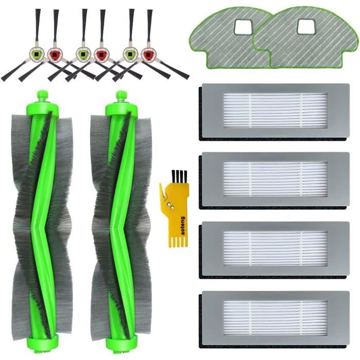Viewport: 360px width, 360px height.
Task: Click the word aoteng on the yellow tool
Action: coord(183,225)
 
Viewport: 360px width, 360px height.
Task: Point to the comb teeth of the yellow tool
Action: coord(179,242)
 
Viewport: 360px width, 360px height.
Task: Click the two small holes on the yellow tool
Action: coord(171,206)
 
